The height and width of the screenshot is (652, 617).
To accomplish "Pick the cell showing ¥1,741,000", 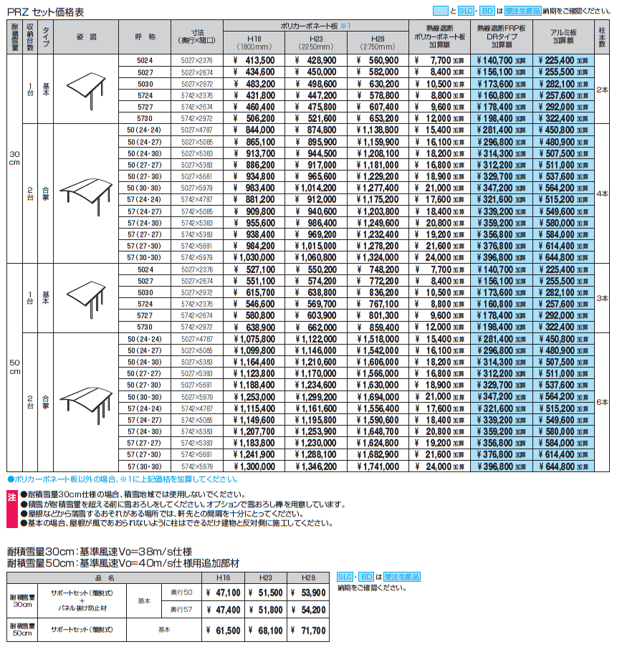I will coord(377,466).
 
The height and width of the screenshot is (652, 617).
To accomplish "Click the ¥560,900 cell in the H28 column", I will coord(377,61).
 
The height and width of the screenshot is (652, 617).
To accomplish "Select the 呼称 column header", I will coord(145,37).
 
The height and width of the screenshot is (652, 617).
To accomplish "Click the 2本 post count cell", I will coord(602,89).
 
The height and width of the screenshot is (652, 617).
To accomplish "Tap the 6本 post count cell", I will coord(602,403).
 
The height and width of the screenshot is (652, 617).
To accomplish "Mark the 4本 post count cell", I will coord(602,193).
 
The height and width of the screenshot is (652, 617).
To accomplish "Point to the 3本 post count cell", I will coord(602,298).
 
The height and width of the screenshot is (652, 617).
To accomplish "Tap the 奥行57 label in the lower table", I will coord(181,610).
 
